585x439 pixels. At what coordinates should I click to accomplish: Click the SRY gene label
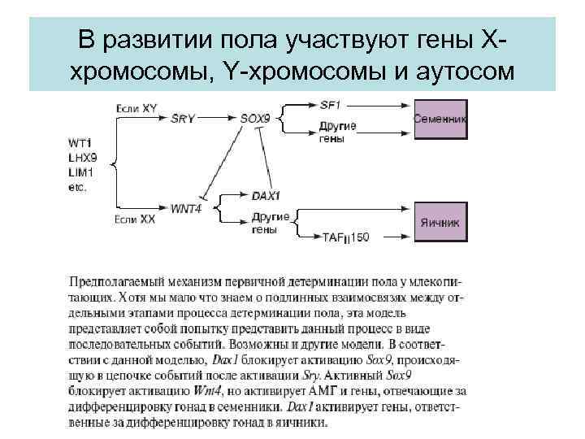pyautogui.click(x=183, y=118)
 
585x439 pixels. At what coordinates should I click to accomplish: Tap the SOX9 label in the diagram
pyautogui.click(x=255, y=118)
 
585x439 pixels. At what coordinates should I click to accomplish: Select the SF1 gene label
pyautogui.click(x=330, y=104)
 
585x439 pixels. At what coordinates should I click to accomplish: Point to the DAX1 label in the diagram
pyautogui.click(x=266, y=196)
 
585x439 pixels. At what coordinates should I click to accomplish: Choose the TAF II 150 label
pyautogui.click(x=346, y=237)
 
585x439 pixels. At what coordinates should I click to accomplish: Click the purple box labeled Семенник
pyautogui.click(x=440, y=119)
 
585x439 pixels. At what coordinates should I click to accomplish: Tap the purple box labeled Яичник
pyautogui.click(x=440, y=221)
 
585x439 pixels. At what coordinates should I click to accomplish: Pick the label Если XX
pyautogui.click(x=134, y=219)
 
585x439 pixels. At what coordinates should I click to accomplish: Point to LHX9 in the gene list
pyautogui.click(x=82, y=159)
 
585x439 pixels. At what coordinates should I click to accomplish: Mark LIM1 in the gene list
pyautogui.click(x=81, y=172)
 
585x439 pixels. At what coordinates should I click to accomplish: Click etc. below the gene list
pyautogui.click(x=79, y=186)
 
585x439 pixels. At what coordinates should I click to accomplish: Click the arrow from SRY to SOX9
pyautogui.click(x=218, y=118)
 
